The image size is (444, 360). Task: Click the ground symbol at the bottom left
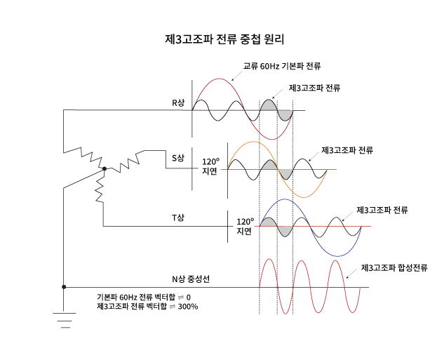pyautogui.click(x=65, y=320)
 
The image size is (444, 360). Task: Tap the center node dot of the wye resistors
pyautogui.click(x=105, y=168)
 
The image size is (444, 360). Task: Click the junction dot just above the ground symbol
pyautogui.click(x=64, y=287)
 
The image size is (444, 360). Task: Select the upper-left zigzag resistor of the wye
pyautogui.click(x=90, y=155)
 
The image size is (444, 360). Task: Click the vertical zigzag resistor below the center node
pyautogui.click(x=100, y=187)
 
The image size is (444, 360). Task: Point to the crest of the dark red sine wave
pyautogui.click(x=220, y=79)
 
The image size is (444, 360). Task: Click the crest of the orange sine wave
pyautogui.click(x=254, y=142)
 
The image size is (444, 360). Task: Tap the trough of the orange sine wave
pyautogui.click(x=303, y=197)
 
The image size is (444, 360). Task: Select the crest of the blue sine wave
pyautogui.click(x=285, y=200)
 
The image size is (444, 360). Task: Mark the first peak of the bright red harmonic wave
pyautogui.click(x=268, y=260)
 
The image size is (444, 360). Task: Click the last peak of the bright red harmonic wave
pyautogui.click(x=336, y=261)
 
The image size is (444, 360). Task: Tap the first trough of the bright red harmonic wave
pyautogui.click(x=285, y=313)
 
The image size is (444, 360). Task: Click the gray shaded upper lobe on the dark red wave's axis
pyautogui.click(x=269, y=105)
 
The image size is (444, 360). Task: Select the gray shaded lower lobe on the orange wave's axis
pyautogui.click(x=285, y=173)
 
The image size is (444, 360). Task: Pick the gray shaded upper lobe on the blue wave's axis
pyautogui.click(x=268, y=222)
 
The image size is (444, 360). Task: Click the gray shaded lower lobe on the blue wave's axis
pyautogui.click(x=285, y=231)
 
